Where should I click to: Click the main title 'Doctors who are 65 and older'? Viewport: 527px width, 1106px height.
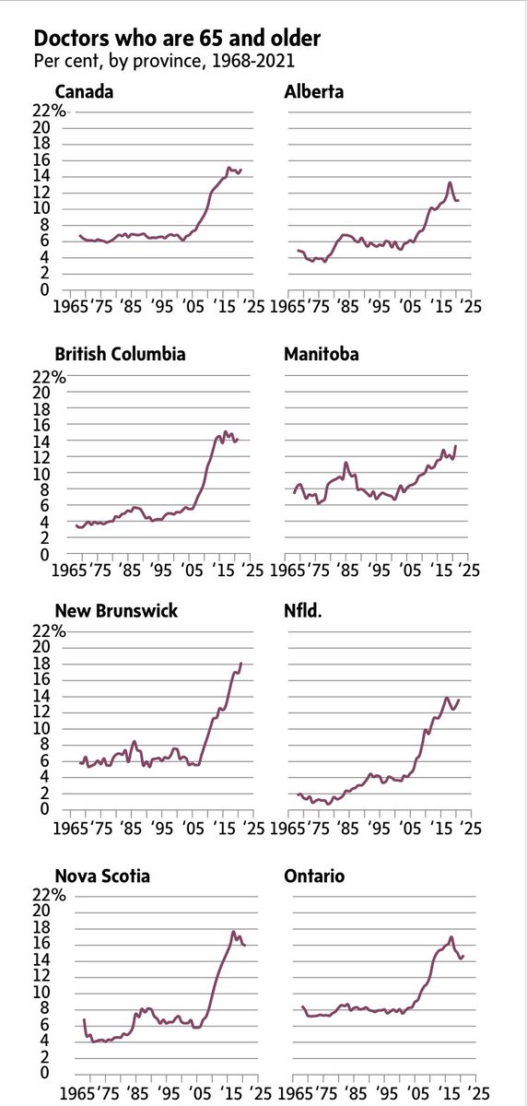(x=177, y=39)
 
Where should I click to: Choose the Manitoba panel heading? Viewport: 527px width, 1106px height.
(x=320, y=354)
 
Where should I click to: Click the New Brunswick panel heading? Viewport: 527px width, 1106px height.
(x=116, y=611)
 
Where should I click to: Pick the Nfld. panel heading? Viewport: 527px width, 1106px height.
(x=302, y=611)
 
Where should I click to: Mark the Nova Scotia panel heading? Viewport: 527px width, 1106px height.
(x=103, y=876)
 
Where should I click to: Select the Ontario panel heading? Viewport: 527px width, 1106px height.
(x=314, y=876)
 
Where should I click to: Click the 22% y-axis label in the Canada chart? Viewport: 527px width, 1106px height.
(x=51, y=112)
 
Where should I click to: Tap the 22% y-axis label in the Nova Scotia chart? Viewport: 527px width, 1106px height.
(x=51, y=895)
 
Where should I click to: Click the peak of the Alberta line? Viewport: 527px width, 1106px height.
(x=450, y=182)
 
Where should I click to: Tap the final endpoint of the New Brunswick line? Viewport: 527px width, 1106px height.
(x=241, y=663)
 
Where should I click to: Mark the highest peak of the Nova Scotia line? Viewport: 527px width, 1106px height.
(x=234, y=932)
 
